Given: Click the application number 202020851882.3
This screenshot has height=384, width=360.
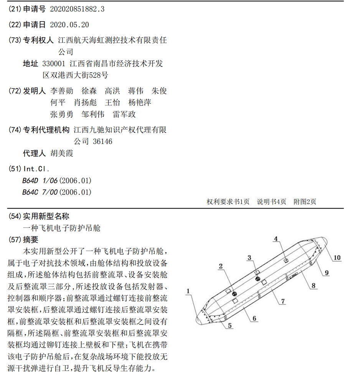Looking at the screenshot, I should coord(77,10).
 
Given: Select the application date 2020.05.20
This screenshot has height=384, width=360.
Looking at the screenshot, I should coord(69,25).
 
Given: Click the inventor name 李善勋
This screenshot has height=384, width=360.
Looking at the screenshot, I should coord(62,91).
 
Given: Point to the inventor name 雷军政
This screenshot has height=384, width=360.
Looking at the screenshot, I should coord(124,114).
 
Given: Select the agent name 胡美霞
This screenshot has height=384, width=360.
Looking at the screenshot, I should coord(62,154).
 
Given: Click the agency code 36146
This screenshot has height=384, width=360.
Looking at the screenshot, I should coord(102,142).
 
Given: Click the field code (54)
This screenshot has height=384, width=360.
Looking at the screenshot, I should coord(15,216).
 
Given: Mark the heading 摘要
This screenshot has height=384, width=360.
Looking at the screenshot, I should coord(31,240).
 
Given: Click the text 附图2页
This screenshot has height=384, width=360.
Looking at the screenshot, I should coord(305,202).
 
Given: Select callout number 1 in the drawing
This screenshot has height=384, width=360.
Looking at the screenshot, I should coord(188,291).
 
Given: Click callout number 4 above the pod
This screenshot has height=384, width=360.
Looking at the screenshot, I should coord(276,239).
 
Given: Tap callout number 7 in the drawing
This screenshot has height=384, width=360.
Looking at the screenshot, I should coord(282,301).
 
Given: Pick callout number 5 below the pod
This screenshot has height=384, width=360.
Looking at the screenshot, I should coord(230,326).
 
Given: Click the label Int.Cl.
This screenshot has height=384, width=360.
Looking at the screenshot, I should coord(36,169).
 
